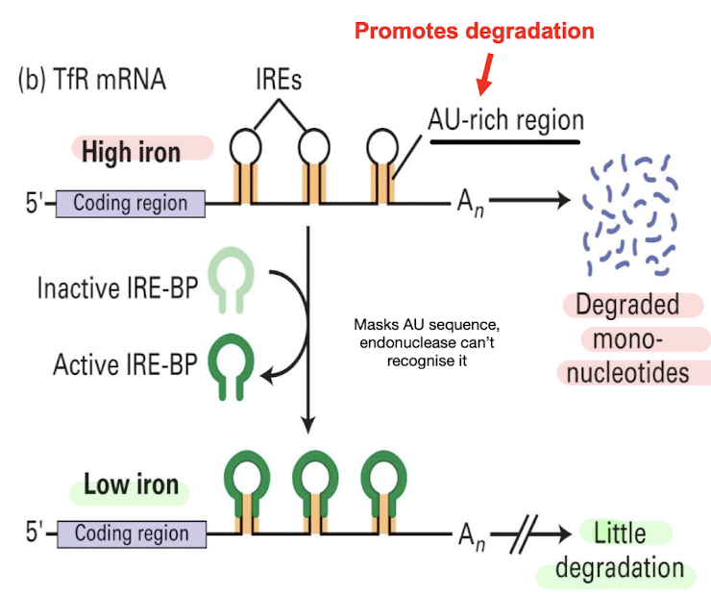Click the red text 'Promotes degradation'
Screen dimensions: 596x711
click(x=475, y=31)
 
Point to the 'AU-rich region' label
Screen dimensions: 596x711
click(x=505, y=120)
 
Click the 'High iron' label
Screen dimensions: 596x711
click(x=131, y=152)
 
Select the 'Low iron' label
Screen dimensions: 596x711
click(x=131, y=484)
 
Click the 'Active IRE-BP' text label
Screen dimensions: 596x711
click(x=125, y=364)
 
